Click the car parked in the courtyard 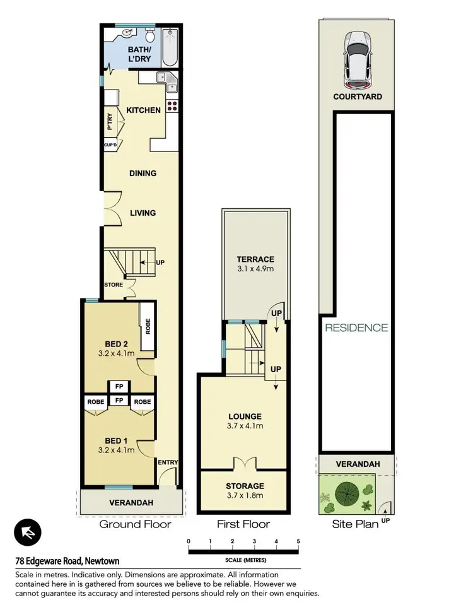[x=357, y=59]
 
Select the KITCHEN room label [x=144, y=110]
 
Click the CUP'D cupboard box [x=110, y=145]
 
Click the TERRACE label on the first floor [x=255, y=259]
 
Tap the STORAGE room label [x=245, y=486]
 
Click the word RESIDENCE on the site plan [x=356, y=327]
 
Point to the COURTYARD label [x=357, y=97]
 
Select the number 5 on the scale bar [x=298, y=541]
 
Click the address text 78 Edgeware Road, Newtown [x=67, y=561]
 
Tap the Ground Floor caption [x=135, y=524]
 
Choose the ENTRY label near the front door [x=169, y=462]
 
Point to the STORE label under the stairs [x=114, y=285]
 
